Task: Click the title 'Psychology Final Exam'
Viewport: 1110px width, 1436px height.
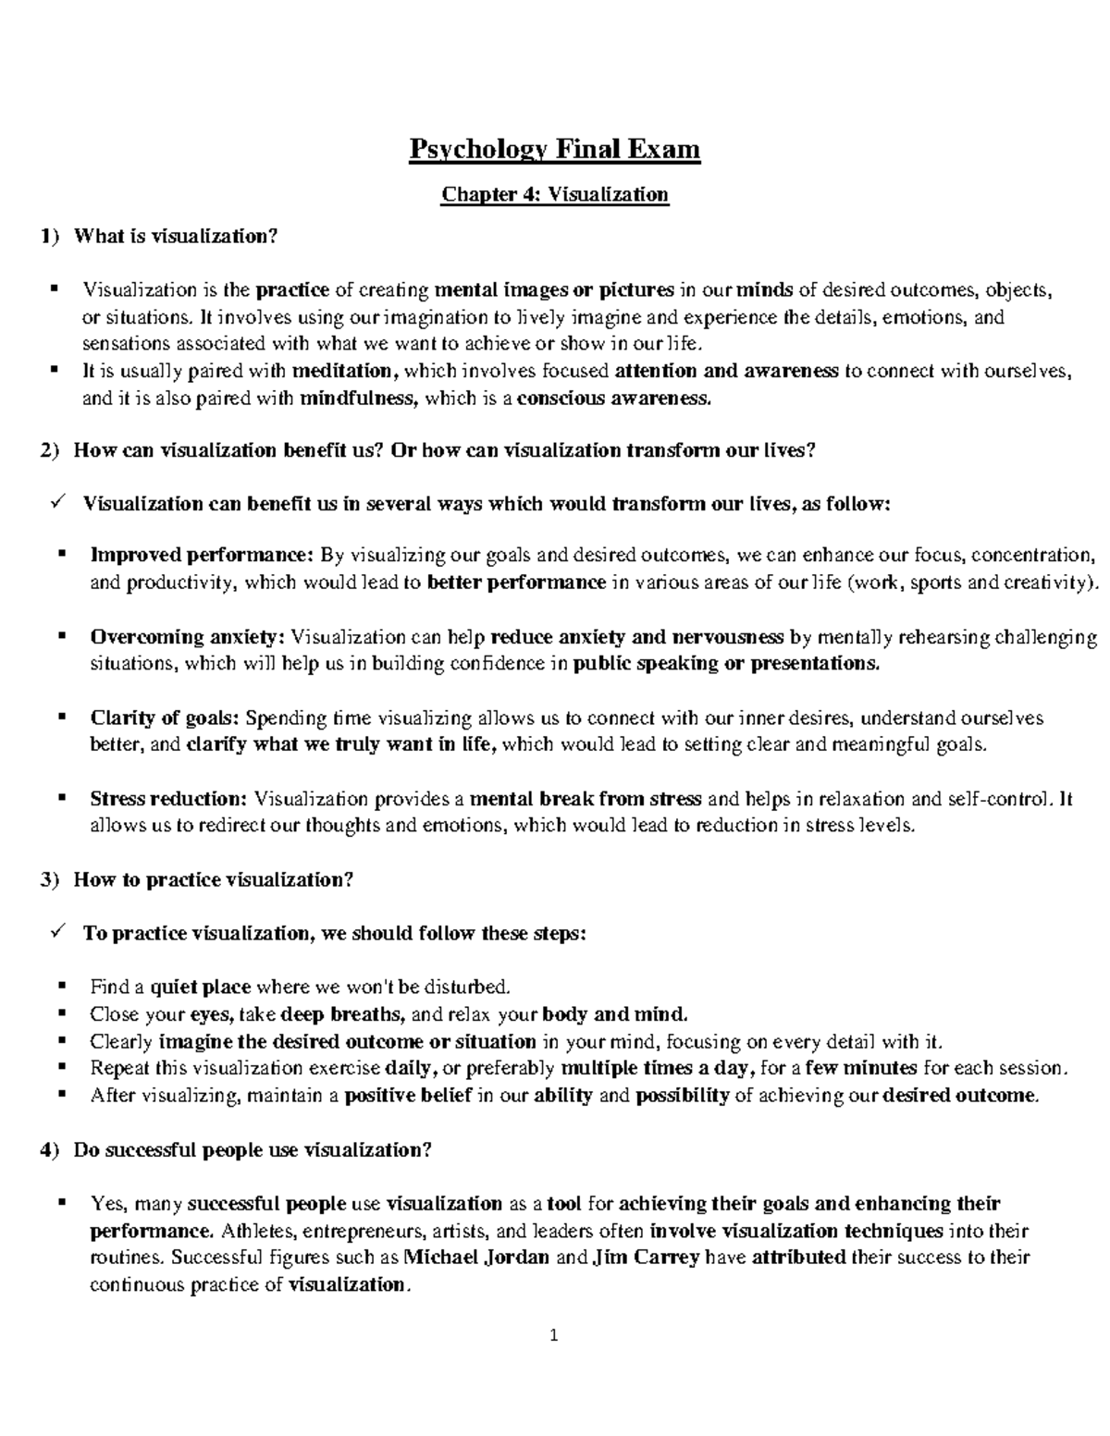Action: [x=555, y=149]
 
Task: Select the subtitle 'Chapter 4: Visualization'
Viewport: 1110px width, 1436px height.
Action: [x=555, y=194]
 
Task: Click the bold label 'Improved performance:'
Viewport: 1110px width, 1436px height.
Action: [x=203, y=556]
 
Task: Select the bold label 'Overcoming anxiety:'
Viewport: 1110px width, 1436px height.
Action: [x=188, y=637]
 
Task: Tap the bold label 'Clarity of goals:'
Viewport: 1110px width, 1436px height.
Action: [x=165, y=718]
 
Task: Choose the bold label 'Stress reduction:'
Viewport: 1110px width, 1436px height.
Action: [x=169, y=799]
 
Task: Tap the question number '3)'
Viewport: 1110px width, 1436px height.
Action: [x=50, y=880]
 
